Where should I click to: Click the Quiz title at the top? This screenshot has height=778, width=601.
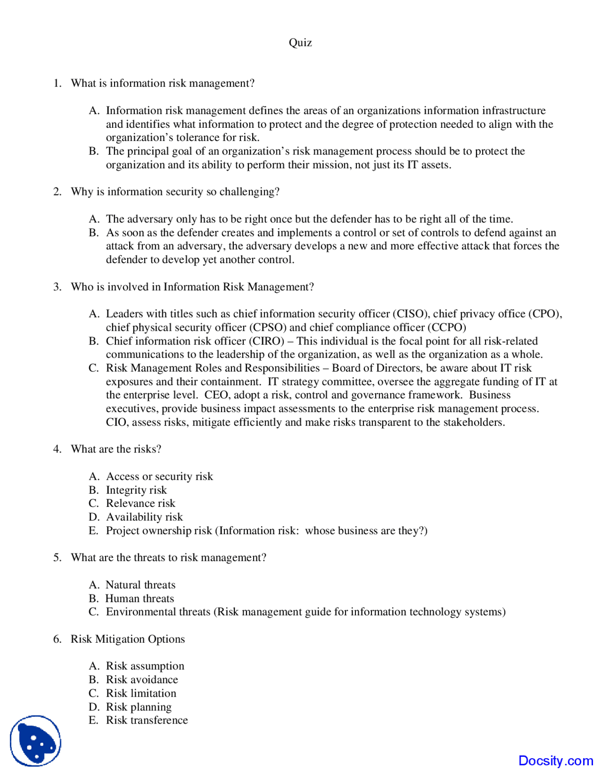pos(300,43)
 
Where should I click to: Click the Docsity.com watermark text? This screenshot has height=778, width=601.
pos(555,761)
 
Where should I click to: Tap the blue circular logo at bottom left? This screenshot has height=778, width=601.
pos(36,741)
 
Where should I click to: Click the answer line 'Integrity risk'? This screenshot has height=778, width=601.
pos(136,490)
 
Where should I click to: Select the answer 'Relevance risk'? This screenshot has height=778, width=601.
pos(140,504)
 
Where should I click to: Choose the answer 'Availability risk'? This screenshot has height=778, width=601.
pos(144,517)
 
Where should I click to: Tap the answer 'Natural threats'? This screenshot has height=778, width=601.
pos(140,585)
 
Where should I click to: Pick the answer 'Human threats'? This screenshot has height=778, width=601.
pos(139,599)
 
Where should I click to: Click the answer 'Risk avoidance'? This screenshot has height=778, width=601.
pos(142,680)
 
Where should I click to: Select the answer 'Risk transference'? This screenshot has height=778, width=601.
pos(146,720)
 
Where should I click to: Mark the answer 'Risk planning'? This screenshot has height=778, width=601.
pos(139,707)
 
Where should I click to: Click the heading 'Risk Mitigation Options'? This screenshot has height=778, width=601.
pos(128,639)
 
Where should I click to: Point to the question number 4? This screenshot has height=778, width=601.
pos(57,449)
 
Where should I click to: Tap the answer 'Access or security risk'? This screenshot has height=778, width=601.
pos(159,476)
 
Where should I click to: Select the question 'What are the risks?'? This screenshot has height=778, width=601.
pos(116,449)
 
